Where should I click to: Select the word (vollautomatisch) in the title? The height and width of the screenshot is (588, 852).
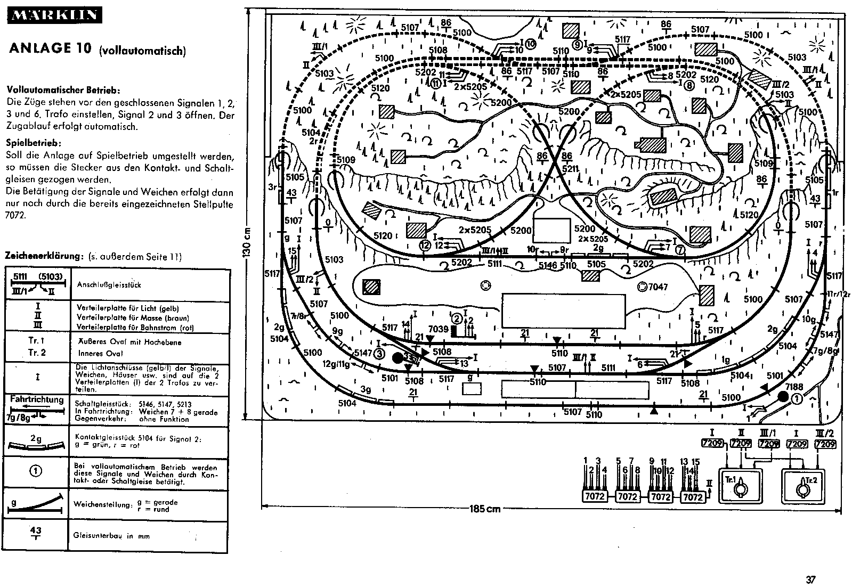coord(142,51)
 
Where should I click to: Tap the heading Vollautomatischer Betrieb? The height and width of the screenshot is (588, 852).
coord(63,90)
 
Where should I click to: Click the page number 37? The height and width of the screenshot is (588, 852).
coord(811,580)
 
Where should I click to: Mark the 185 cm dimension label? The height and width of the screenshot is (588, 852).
coord(485,509)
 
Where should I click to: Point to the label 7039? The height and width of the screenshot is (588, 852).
coord(439,329)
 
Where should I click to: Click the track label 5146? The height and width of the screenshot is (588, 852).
coord(548,265)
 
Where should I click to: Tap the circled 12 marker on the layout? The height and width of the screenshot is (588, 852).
coord(425,246)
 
